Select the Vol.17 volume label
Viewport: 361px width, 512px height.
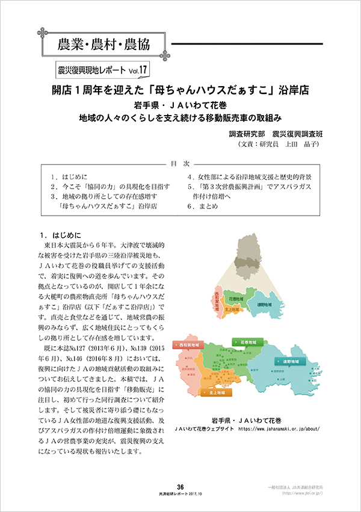[x=135, y=70]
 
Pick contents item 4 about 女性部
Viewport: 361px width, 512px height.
[x=249, y=177]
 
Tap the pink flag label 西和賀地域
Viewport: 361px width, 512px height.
[x=190, y=345]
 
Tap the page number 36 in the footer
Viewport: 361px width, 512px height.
[x=180, y=487]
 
